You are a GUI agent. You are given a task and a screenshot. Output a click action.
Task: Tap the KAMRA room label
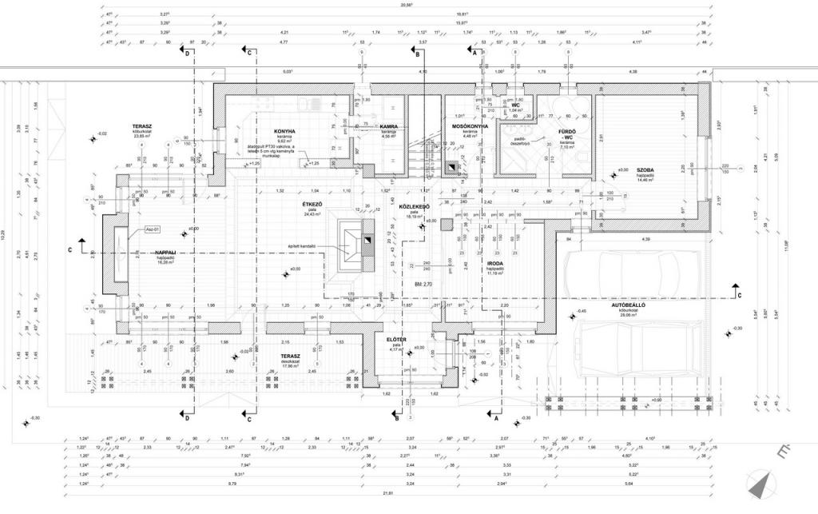[389, 126]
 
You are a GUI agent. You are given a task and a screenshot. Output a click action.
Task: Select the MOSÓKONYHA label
[470, 126]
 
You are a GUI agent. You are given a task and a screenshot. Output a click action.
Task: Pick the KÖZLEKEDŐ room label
[415, 206]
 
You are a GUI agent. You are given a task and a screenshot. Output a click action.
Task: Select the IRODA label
[495, 262]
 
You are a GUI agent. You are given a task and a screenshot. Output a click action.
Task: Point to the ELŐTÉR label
[396, 339]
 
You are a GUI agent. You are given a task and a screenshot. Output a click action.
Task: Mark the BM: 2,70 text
[423, 284]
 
